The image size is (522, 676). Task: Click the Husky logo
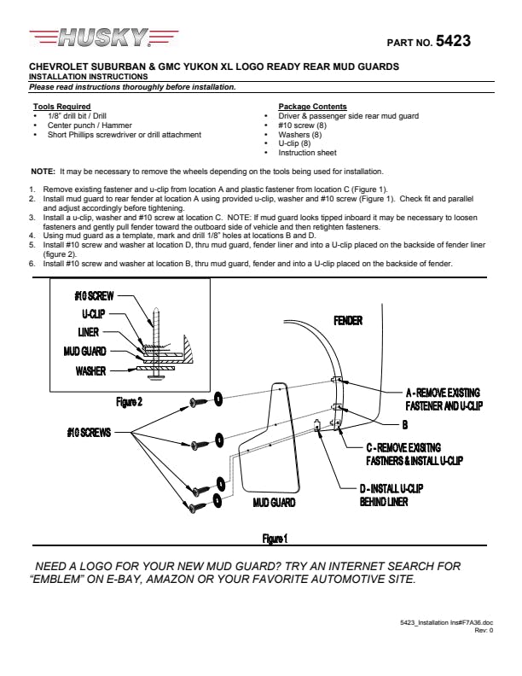pos(104,37)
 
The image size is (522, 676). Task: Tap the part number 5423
pos(453,41)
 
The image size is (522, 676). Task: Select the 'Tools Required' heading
pos(62,107)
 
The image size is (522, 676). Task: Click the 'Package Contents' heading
pos(312,107)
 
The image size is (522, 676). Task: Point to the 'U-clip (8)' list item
pos(294,143)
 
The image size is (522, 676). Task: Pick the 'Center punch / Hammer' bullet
pos(90,125)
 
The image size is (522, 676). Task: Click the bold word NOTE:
pos(43,172)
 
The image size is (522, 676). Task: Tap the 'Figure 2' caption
pos(129,402)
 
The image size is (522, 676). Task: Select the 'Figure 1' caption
pos(275,539)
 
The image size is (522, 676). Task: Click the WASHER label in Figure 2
pos(90,370)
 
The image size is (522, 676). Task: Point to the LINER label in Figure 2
pos(89,332)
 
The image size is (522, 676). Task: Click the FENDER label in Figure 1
pos(348,321)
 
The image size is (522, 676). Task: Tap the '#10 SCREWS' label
pos(89,433)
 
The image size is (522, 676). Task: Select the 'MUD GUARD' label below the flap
pos(274,503)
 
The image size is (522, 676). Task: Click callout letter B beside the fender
pos(405,425)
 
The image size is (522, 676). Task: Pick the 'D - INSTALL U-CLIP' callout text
pos(391,488)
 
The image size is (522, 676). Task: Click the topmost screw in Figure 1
pos(199,403)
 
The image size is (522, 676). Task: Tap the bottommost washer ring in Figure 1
pos(217,500)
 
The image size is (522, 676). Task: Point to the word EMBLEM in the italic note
pos(55,579)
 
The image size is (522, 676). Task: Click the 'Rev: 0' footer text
pos(484,630)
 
